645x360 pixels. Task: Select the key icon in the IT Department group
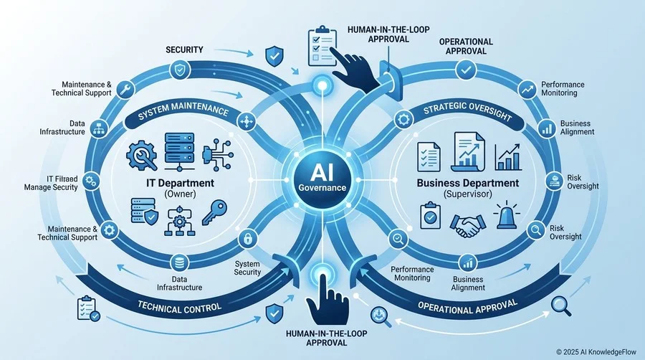point(214,212)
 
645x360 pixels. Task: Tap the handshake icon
point(467,225)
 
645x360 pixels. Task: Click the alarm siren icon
point(507,215)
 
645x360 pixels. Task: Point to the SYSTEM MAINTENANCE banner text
point(183,111)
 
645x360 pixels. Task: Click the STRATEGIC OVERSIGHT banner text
point(467,111)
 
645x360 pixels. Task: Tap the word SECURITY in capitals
point(184,49)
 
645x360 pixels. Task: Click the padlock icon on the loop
point(248,238)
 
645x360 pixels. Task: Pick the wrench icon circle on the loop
point(125,89)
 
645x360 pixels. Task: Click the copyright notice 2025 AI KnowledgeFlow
point(596,352)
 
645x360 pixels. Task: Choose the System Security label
point(248,267)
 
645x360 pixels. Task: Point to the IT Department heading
point(180,183)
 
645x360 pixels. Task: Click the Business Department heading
point(468,183)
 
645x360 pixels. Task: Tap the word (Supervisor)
point(468,194)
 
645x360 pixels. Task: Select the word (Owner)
point(180,194)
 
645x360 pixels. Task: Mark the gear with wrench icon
point(142,156)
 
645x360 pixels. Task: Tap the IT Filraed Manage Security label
point(51,183)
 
